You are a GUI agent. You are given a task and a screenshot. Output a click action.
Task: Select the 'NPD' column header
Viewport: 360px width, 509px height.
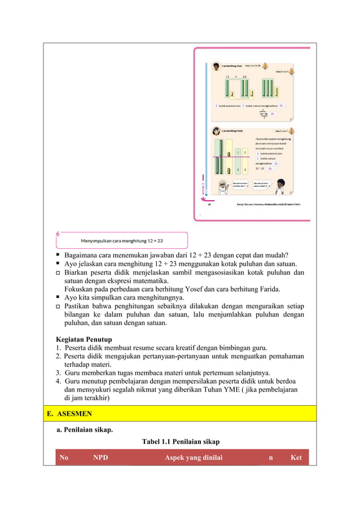(101, 458)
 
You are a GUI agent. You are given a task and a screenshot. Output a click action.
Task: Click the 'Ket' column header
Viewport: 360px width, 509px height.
(296, 458)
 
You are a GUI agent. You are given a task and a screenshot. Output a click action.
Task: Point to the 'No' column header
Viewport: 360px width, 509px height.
(64, 458)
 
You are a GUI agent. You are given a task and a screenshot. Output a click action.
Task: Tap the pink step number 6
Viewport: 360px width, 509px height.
(58, 233)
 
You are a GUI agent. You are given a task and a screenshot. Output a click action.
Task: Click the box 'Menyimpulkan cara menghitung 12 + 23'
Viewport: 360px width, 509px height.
(121, 240)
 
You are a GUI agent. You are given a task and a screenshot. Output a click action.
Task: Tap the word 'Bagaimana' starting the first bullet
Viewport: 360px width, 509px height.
(82, 254)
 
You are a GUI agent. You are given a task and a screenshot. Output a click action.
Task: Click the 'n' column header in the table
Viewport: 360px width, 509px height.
(271, 458)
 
